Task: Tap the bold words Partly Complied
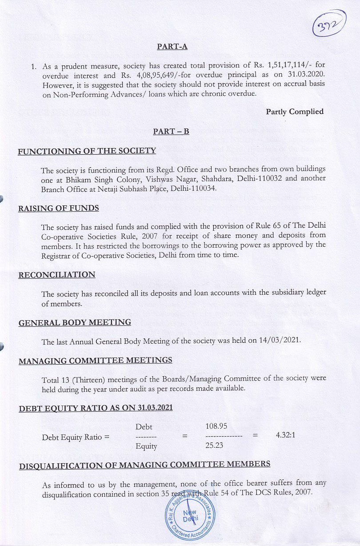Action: [x=294, y=112]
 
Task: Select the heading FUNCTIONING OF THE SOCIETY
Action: [x=87, y=151]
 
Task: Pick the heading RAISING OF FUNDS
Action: [x=58, y=208]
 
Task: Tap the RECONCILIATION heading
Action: [x=57, y=275]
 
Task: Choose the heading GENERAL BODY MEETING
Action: [x=75, y=322]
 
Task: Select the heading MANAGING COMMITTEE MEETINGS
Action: [x=95, y=360]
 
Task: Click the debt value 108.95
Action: [x=216, y=426]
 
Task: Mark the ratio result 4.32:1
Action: [x=285, y=436]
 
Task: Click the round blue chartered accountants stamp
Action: [x=191, y=515]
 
